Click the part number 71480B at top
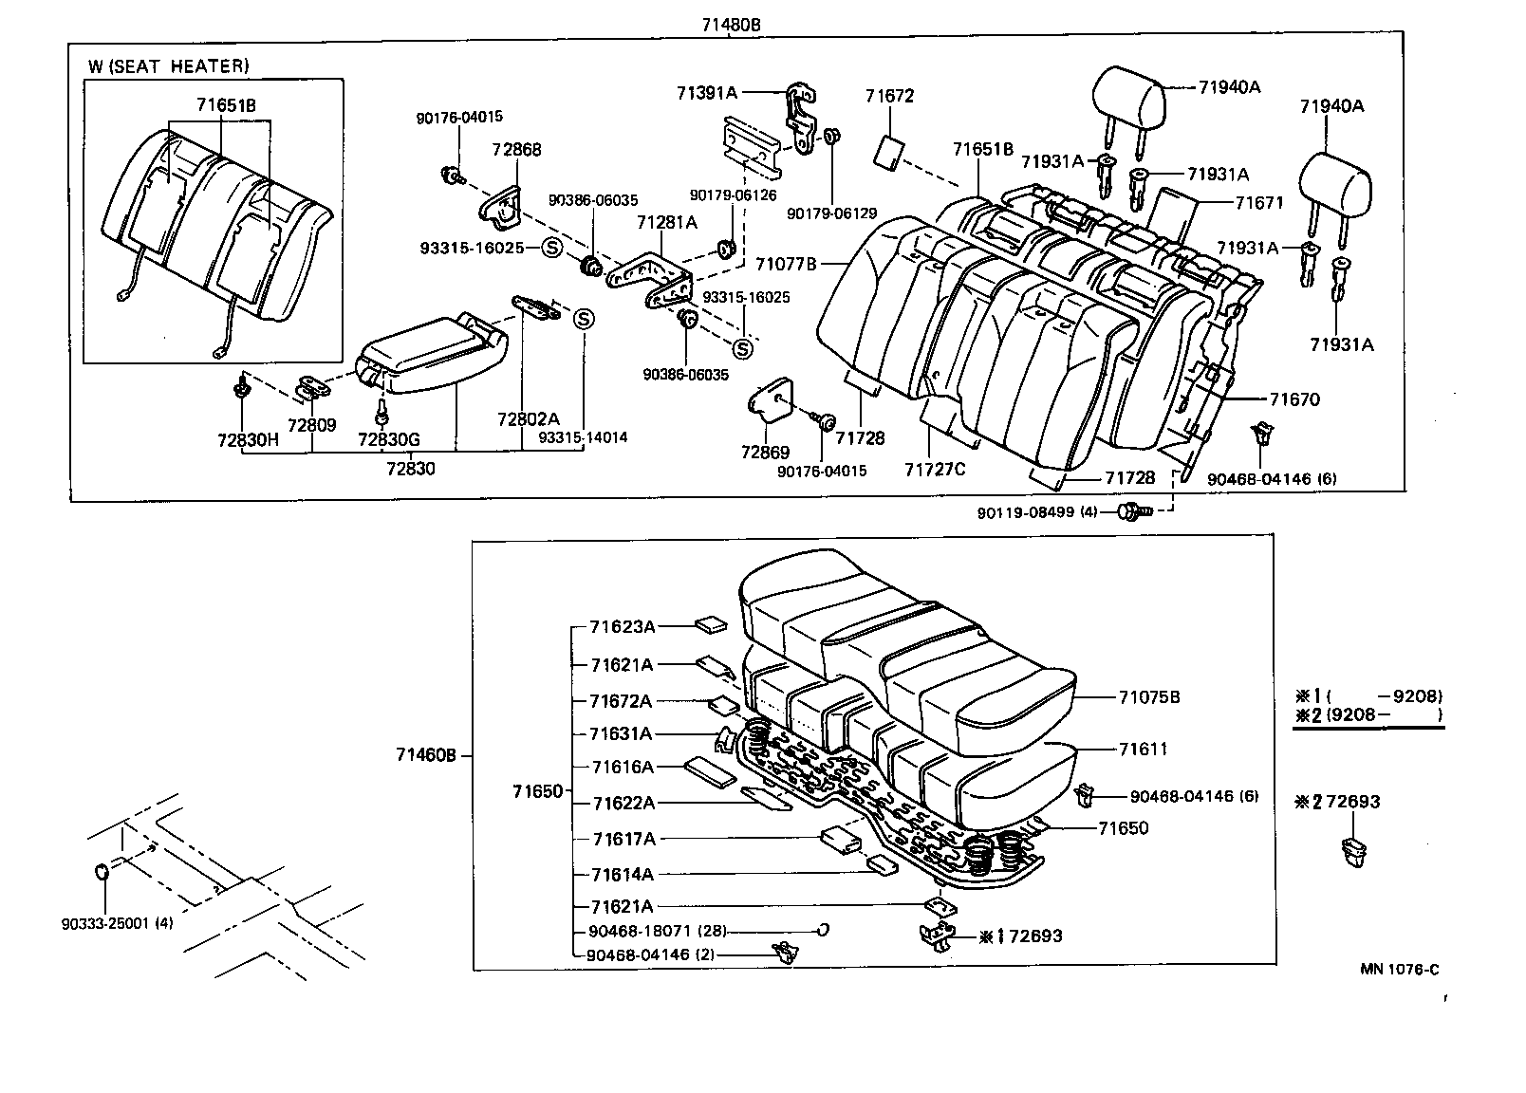tap(731, 24)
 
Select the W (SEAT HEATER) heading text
tap(169, 65)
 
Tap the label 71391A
tap(706, 92)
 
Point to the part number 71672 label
tap(889, 96)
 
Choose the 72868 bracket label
tap(516, 149)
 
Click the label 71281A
tap(666, 222)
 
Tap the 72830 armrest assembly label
tap(411, 468)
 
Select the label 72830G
tap(388, 439)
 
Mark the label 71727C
tap(934, 469)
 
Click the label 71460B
tap(426, 755)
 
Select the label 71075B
tap(1148, 697)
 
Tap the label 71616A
tap(623, 767)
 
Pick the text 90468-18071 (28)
tap(658, 931)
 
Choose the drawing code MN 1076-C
tap(1399, 969)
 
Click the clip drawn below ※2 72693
tap(1355, 851)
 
